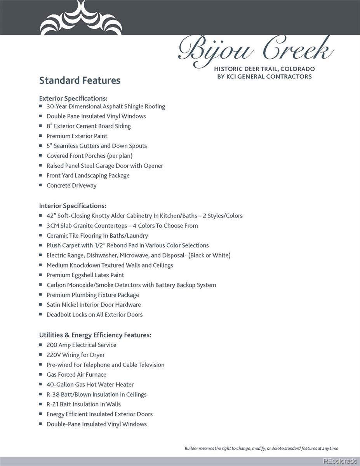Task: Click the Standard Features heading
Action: click(80, 80)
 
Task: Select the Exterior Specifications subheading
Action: click(73, 98)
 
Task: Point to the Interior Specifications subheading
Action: click(72, 206)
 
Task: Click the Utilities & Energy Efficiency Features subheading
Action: click(95, 335)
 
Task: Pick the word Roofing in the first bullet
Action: click(155, 106)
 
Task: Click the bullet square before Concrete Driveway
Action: click(41, 185)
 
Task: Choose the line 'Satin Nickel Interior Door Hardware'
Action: click(94, 305)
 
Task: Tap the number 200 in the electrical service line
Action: click(52, 345)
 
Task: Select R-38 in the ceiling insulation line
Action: click(52, 395)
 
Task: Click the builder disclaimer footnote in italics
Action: click(261, 449)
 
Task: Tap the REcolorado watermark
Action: click(340, 461)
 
